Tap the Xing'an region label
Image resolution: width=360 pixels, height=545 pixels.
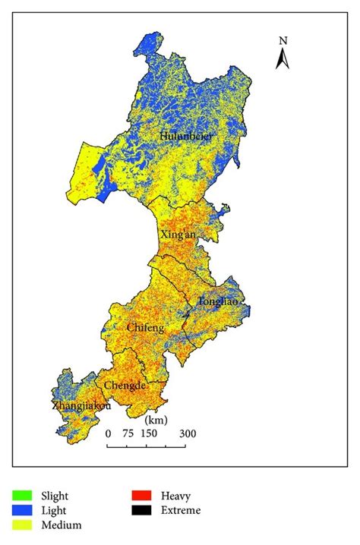tap(178, 235)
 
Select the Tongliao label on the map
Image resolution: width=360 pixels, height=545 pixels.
tap(218, 301)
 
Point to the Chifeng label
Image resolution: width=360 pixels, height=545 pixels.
tap(146, 327)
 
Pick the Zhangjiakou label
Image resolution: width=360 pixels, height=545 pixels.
tap(81, 406)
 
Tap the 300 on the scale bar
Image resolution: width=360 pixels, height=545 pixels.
tap(188, 433)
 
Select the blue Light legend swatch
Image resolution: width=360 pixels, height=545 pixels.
tap(24, 510)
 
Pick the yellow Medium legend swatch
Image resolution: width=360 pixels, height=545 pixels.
tap(24, 524)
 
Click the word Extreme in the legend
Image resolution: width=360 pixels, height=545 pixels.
tap(181, 510)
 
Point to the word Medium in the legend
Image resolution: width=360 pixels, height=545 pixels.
tap(64, 524)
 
